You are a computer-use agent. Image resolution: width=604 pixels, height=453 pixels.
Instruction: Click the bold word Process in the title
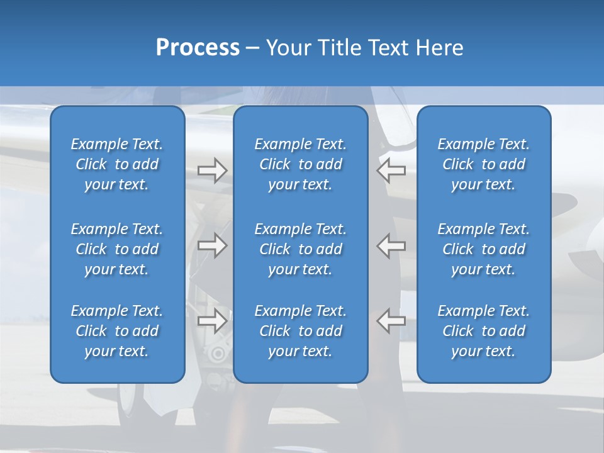pos(198,48)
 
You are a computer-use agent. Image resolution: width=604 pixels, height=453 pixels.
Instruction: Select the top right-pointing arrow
pos(212,171)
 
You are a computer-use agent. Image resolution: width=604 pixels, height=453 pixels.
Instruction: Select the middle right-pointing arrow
pos(212,245)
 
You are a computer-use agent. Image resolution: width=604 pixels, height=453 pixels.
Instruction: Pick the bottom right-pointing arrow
pos(212,320)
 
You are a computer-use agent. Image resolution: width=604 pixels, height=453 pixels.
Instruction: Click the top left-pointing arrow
pos(391,170)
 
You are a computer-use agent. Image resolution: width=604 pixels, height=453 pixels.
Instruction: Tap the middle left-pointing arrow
pos(391,245)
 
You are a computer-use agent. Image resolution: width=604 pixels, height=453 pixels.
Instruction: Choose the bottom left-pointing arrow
pos(391,320)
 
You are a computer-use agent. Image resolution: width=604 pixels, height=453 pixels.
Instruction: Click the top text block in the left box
pos(117,164)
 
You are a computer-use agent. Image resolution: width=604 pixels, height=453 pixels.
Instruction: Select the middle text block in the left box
pos(117,249)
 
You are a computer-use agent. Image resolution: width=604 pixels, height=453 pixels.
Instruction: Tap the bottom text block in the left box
pos(117,331)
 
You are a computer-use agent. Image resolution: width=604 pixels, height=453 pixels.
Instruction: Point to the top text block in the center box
pos(301,164)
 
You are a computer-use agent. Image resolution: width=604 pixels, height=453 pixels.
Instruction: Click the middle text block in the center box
pos(301,249)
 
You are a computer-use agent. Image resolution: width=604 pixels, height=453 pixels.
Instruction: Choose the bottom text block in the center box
pos(301,331)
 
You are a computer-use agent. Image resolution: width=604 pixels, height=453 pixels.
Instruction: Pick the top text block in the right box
pos(484,164)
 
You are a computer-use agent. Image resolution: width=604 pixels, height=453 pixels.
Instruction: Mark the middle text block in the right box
pos(484,249)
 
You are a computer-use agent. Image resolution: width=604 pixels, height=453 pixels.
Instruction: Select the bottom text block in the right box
pos(484,331)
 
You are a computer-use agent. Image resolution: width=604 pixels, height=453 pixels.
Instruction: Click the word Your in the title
pos(286,48)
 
